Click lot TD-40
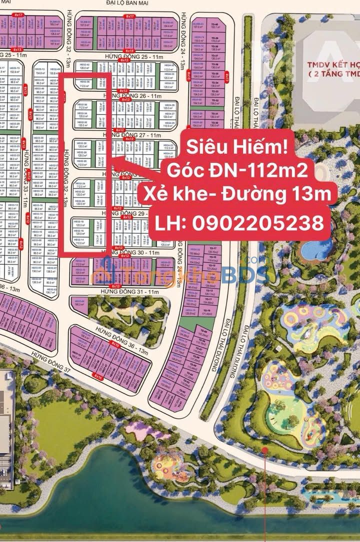point(216,24)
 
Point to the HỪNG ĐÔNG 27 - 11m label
point(131,135)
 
